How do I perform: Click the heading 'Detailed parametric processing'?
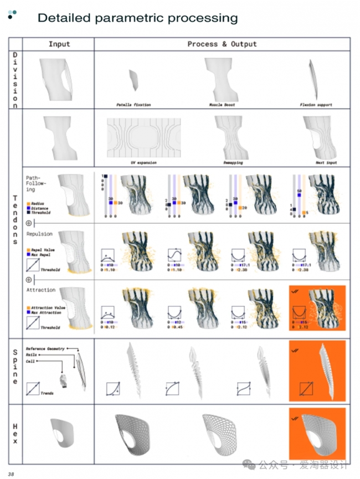coord(137,18)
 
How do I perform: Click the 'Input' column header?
coord(59,44)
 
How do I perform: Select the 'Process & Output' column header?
coord(222,44)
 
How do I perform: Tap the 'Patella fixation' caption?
coord(133,104)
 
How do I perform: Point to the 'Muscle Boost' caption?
coord(222,104)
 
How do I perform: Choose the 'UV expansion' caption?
coord(143,163)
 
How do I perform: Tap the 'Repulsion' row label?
coord(39,234)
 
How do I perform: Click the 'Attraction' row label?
coord(40,290)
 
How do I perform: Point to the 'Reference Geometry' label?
coord(45,349)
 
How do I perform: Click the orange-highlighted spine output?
coord(317,370)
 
